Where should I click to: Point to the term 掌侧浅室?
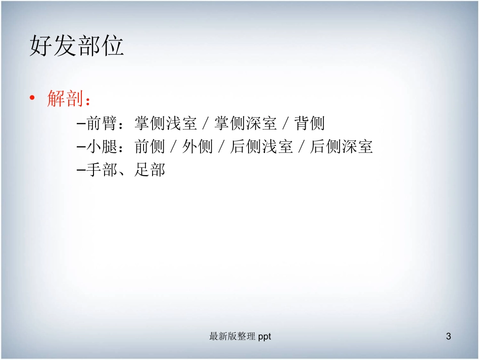166,123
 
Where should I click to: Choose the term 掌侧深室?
246,123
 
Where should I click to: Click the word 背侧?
310,123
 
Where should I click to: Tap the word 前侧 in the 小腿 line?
150,147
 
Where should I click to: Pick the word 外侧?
198,147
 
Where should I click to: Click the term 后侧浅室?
262,147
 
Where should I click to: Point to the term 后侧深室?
342,147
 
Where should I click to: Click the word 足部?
150,171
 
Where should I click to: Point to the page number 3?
449,336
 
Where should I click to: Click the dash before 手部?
81,171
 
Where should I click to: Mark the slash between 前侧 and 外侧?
174,147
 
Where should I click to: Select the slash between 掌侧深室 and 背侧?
286,123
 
